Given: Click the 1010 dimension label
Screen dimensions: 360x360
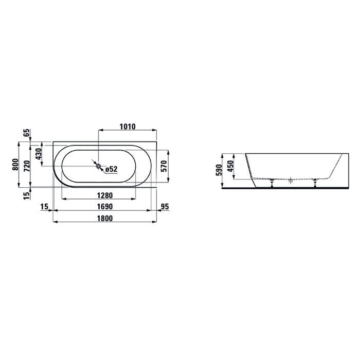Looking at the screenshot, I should (127, 127).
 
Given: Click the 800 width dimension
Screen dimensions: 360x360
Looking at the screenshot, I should (17, 165).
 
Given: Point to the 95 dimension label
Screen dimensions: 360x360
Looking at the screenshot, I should (165, 207).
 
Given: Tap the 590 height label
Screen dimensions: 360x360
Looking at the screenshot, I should (219, 170).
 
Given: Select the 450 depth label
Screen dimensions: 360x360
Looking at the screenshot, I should (231, 166).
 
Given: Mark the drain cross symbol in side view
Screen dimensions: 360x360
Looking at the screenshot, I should (291, 181).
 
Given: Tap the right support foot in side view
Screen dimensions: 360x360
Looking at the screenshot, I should (314, 183).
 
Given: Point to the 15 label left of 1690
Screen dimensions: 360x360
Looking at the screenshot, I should (44, 207).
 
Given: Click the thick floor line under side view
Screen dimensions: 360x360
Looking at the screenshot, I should (288, 188).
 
